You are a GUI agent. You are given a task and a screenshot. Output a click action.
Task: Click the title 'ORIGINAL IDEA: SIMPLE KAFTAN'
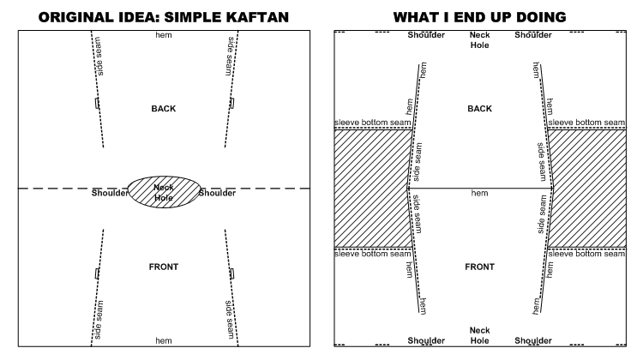[x=164, y=15]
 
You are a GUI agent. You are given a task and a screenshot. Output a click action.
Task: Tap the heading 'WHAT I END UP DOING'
[x=479, y=15]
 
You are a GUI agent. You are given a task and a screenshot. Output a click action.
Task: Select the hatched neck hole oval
[x=164, y=193]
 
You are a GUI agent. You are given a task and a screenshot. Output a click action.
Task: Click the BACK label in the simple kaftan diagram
[x=163, y=109]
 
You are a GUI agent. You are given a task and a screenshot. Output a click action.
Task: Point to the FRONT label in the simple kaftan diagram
[x=163, y=267]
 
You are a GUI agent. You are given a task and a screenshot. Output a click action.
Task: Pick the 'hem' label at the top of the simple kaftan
[x=163, y=35]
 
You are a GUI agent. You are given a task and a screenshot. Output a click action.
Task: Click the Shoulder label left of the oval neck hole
[x=111, y=193]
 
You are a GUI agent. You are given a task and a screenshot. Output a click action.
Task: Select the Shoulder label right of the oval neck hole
[x=217, y=193]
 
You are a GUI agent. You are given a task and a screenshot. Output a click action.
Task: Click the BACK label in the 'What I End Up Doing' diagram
[x=479, y=109]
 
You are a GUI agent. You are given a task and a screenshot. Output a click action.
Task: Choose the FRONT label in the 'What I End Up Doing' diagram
[x=479, y=267]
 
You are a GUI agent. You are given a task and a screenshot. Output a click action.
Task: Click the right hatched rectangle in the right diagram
[x=588, y=189]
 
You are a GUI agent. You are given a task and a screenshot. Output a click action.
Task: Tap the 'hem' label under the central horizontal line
[x=479, y=194]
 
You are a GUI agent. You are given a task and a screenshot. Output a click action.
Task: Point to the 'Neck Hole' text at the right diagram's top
[x=479, y=40]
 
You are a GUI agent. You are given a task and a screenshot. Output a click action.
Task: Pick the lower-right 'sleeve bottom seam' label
[x=588, y=254]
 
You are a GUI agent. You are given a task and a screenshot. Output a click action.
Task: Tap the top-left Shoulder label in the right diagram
[x=427, y=35]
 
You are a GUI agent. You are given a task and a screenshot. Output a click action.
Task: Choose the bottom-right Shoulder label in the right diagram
[x=533, y=340]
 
